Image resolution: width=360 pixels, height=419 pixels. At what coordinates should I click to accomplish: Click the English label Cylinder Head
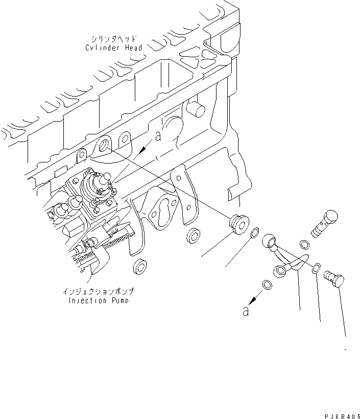pyautogui.click(x=113, y=48)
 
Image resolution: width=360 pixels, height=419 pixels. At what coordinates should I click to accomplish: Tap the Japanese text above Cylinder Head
pyautogui.click(x=113, y=39)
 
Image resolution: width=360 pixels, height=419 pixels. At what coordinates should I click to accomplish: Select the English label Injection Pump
pyautogui.click(x=99, y=300)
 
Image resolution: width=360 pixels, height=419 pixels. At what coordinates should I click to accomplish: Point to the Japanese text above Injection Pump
pyautogui.click(x=99, y=292)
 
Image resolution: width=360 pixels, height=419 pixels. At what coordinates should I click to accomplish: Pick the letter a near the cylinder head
pyautogui.click(x=159, y=136)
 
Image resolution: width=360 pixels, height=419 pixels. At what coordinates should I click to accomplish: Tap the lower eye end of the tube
pyautogui.click(x=281, y=271)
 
